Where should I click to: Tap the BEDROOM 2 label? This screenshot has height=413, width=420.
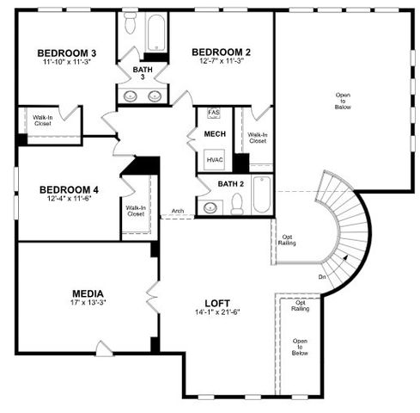click(x=220, y=50)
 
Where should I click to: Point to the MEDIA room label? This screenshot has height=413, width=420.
click(x=88, y=293)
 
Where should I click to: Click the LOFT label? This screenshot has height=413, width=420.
click(x=216, y=302)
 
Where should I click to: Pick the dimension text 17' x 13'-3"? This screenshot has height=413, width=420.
click(x=88, y=303)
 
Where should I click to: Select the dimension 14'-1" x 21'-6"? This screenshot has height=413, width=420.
click(x=216, y=312)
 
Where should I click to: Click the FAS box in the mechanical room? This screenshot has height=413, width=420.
click(x=214, y=113)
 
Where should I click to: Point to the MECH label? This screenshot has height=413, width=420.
click(x=214, y=134)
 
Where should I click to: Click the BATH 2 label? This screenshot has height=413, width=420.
click(x=230, y=184)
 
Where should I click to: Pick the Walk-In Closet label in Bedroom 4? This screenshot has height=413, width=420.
click(x=136, y=210)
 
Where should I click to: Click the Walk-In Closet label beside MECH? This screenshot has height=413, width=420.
click(x=258, y=138)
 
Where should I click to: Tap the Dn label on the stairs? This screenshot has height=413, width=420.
click(x=321, y=277)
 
